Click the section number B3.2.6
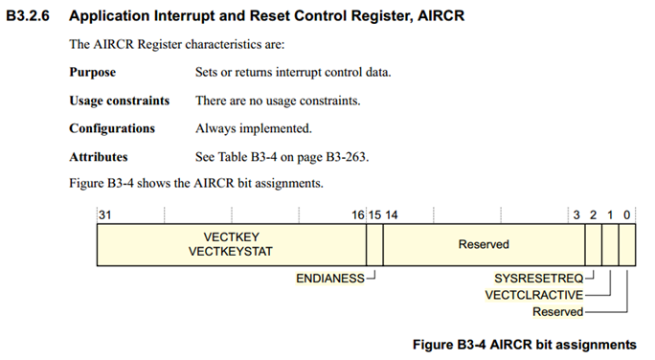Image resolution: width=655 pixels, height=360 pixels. (x=28, y=16)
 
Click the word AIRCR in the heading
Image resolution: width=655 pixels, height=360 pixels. (x=441, y=16)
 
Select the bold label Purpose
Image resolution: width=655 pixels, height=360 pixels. (x=92, y=72)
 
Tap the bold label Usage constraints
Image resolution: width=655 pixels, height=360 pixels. (x=120, y=101)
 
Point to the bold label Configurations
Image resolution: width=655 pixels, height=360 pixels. (x=112, y=128)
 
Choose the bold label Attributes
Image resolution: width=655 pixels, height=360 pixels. (x=99, y=157)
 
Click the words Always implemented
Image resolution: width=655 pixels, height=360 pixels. (x=254, y=128)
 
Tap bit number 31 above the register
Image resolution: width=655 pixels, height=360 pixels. (x=104, y=215)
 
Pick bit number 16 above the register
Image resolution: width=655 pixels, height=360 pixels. (x=358, y=215)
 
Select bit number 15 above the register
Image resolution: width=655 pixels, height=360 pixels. (x=374, y=215)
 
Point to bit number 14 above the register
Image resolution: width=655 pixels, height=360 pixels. (x=392, y=215)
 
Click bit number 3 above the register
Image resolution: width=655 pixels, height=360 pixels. (x=576, y=215)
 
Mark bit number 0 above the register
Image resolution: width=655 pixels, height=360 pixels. (x=627, y=215)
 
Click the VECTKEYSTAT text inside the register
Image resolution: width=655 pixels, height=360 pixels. (x=231, y=252)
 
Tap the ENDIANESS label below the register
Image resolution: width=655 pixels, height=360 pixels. (x=330, y=279)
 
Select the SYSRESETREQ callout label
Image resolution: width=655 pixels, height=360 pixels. (x=539, y=279)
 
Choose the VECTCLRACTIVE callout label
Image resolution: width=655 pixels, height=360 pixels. (x=533, y=295)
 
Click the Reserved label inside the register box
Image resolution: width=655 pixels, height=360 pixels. (x=484, y=244)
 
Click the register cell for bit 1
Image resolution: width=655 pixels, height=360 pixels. (x=610, y=245)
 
